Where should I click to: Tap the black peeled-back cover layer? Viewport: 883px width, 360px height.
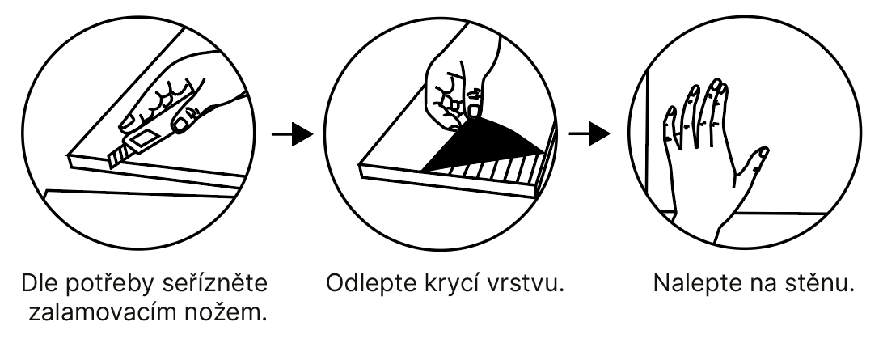485,146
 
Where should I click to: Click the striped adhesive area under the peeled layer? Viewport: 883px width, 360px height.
493,171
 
